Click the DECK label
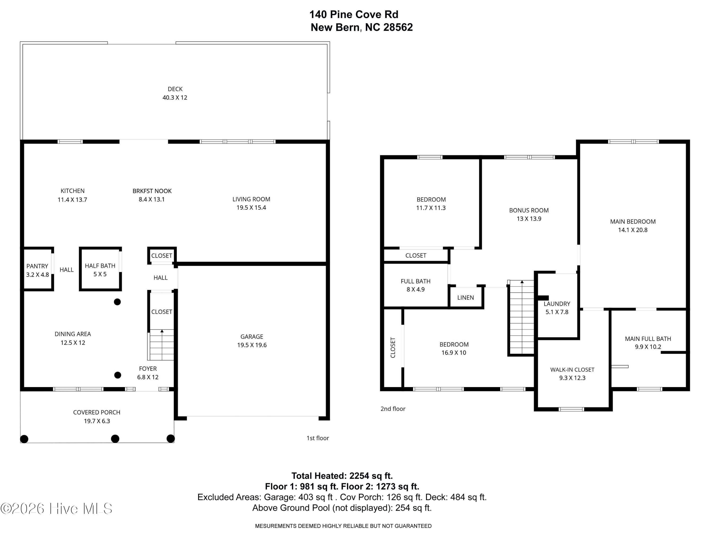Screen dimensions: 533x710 175,89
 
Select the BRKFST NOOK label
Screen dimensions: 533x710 152,191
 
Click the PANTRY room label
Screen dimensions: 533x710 37,266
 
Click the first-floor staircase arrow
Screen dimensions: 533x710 162,331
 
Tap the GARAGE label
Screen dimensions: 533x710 252,337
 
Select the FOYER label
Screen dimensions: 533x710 148,369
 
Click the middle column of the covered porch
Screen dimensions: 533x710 115,438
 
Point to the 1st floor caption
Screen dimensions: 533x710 317,438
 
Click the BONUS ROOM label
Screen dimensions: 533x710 529,210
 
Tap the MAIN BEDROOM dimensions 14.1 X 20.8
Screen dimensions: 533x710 633,230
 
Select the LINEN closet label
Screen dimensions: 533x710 466,298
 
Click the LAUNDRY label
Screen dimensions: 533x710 557,304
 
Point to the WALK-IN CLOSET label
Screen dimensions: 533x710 572,370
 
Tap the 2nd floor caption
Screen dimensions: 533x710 393,409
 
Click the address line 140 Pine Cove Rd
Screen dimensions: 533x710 354,14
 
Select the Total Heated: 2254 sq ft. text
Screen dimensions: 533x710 342,476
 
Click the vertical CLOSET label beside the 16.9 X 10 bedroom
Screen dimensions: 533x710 393,348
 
